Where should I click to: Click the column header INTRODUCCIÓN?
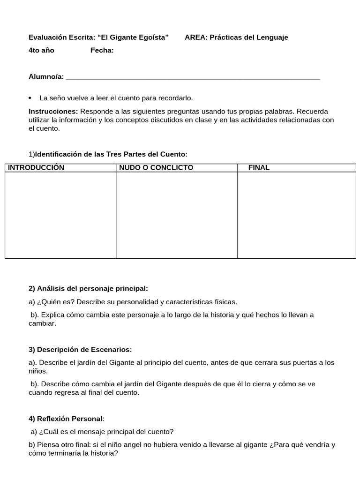click(x=36, y=168)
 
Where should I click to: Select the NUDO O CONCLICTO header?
click(x=156, y=168)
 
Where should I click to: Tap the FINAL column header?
click(x=259, y=168)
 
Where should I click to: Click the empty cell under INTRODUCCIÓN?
click(x=60, y=215)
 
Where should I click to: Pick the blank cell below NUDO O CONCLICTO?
click(x=177, y=215)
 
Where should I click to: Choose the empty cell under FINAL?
click(x=296, y=215)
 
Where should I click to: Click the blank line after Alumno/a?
click(x=193, y=77)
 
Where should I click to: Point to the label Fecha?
click(x=102, y=51)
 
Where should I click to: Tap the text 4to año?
click(x=41, y=51)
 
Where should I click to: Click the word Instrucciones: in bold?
click(x=53, y=112)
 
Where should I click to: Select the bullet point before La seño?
click(x=30, y=98)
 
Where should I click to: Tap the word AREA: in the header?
click(x=196, y=37)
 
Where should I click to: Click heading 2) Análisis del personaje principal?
click(x=88, y=288)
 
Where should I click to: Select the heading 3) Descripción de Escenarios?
click(x=80, y=350)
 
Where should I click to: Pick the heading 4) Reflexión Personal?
click(x=66, y=419)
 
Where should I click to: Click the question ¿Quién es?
click(x=54, y=302)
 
